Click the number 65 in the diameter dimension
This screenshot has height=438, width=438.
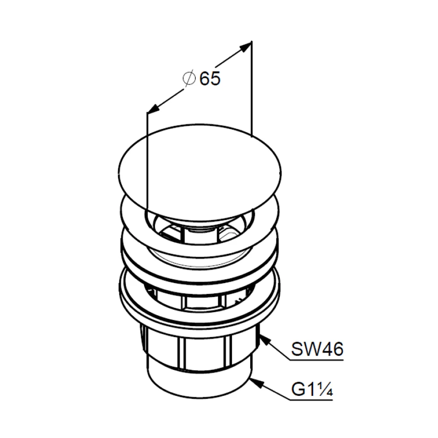tap(210, 78)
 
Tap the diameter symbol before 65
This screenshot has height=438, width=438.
tap(189, 78)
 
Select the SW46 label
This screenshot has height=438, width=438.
tap(317, 349)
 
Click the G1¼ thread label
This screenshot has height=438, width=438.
tap(312, 389)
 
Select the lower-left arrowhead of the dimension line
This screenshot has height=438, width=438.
tap(153, 109)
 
